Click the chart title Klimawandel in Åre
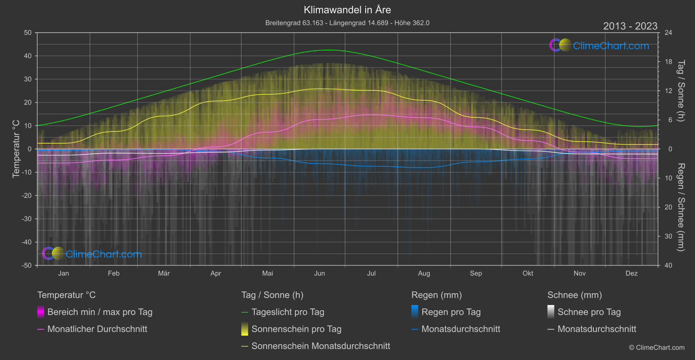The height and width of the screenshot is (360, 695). [x=347, y=10]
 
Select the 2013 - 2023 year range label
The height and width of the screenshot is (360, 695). [x=630, y=26]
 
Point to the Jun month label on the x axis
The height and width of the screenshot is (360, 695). [x=319, y=273]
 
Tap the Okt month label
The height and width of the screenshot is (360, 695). [x=527, y=273]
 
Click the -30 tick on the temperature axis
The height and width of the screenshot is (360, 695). [x=27, y=219]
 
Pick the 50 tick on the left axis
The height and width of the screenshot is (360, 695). [x=28, y=33]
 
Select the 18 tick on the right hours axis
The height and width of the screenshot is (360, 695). [x=668, y=62]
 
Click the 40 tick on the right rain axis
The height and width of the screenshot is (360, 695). [x=668, y=265]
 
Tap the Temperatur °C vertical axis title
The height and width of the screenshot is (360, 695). [x=16, y=149]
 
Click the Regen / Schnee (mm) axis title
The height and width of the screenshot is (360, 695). [x=681, y=207]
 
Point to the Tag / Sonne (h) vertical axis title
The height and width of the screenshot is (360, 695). [x=681, y=91]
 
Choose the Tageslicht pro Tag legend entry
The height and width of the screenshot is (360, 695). [x=288, y=312]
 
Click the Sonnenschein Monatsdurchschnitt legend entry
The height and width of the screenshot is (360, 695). [x=321, y=346]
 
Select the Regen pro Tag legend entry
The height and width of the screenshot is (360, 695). [x=451, y=312]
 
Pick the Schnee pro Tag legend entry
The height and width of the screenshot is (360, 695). [x=589, y=312]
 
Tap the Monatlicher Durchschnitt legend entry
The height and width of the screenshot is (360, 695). [x=97, y=329]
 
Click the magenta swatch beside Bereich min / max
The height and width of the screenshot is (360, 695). [x=41, y=312]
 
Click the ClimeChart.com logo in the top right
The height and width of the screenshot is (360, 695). [x=599, y=45]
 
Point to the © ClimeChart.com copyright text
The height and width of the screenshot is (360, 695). [x=657, y=348]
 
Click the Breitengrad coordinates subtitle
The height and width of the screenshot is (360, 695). [x=347, y=23]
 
